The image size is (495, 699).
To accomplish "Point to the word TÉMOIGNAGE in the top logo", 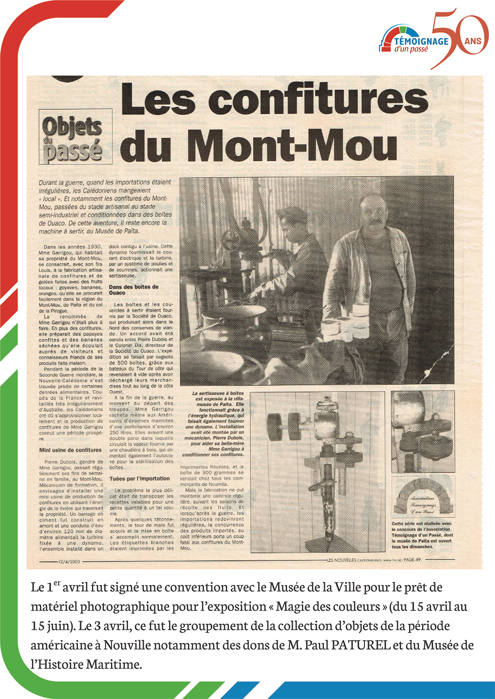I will tap(421, 41).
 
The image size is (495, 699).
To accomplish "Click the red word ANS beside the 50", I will tap(473, 41).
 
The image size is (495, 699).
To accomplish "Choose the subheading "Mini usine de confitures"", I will tap(70, 450).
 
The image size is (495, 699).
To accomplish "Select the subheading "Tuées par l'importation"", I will tap(140, 479).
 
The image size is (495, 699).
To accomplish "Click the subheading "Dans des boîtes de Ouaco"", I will tap(134, 290).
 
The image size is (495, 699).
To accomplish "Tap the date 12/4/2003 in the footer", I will tap(69, 562).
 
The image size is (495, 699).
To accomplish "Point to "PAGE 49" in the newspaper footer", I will tap(412, 560).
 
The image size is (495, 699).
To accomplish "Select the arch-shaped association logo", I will tap(423, 496).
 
